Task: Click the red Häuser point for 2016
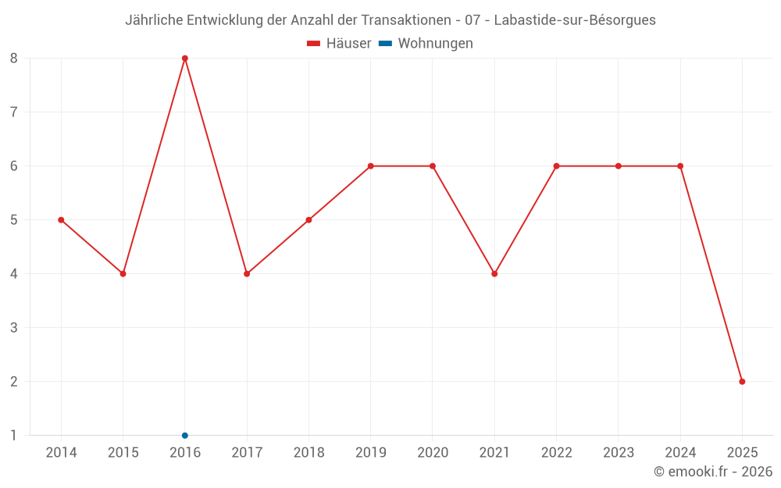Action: (185, 58)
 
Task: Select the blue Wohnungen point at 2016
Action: (185, 435)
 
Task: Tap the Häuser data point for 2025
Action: (742, 381)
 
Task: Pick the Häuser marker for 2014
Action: (61, 219)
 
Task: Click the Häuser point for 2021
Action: (494, 273)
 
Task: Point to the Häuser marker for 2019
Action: (370, 166)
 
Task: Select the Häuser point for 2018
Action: (308, 219)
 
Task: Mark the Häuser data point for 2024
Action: (680, 166)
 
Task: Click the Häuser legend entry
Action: (339, 44)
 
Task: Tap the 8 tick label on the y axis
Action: (14, 58)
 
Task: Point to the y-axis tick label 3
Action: (14, 327)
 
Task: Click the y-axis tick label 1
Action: (14, 435)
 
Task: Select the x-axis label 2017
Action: (247, 453)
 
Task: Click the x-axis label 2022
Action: (556, 453)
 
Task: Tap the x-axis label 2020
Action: (433, 453)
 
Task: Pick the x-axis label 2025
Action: (742, 453)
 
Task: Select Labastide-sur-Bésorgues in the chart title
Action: (575, 20)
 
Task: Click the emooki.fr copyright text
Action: (713, 472)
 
